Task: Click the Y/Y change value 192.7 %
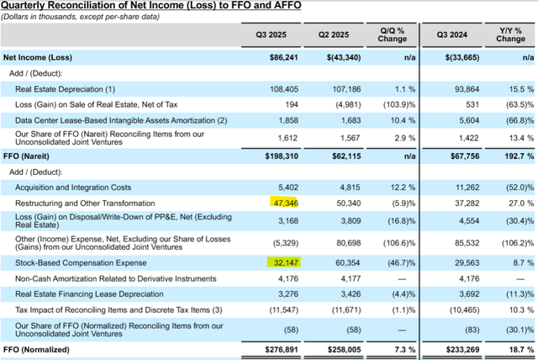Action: [x=514, y=156]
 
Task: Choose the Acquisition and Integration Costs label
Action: [x=73, y=187]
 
